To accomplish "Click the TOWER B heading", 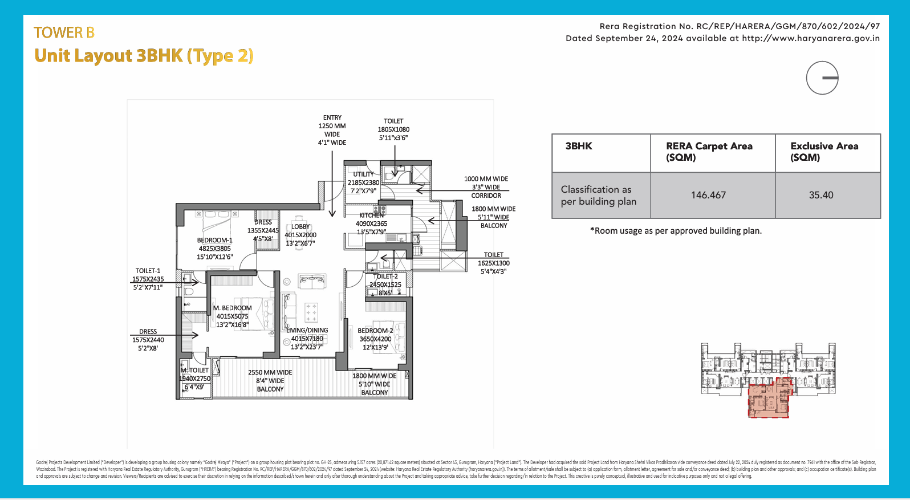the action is pos(64,32).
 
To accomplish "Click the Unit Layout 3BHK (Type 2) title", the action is pos(144,56).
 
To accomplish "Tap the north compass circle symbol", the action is pos(822,78).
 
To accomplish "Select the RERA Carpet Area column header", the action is pos(709,152).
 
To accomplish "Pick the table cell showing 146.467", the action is pos(708,195).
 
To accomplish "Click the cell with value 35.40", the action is pos(821,195).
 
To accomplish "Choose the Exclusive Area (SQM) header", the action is pos(824,152).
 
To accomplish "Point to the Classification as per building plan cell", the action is pos(599,195).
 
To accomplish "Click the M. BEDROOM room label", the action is pos(232,308).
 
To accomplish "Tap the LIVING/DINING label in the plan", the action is pos(307,330).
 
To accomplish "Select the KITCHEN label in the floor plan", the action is pos(372,215).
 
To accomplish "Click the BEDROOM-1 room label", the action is pos(215,241).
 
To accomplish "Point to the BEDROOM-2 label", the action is pos(375,331).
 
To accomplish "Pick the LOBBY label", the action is pos(300,227).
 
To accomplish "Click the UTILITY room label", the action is pos(363,174).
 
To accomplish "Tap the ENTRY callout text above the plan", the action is pos(332,118).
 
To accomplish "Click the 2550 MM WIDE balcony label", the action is pos(270,373).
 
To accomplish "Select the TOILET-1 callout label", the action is pos(148,271).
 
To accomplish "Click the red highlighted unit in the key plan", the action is pos(768,400).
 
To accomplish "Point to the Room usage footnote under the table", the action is pos(676,231).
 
